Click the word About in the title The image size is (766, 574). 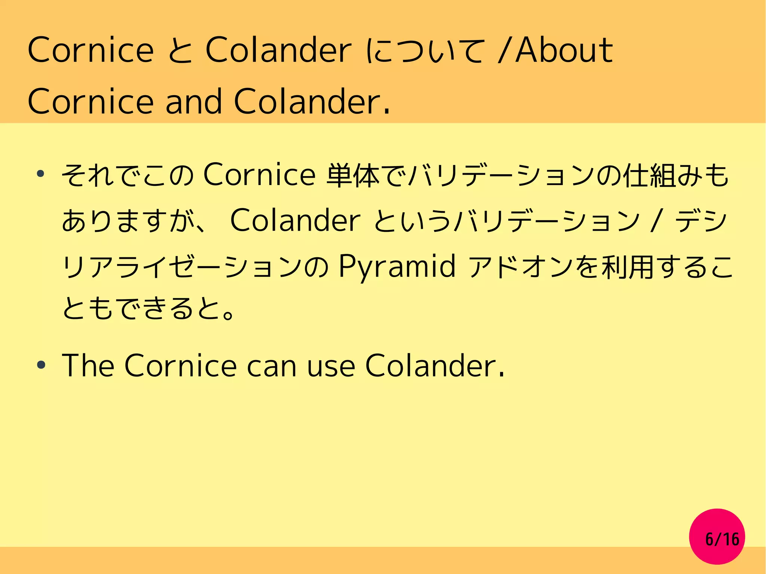click(x=564, y=50)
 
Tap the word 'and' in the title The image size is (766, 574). click(x=194, y=101)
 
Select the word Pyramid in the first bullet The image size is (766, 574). click(x=397, y=267)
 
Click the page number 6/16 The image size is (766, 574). click(x=722, y=539)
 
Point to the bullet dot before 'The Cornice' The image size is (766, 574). click(x=41, y=365)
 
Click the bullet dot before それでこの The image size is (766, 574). click(x=41, y=174)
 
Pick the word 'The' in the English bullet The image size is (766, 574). click(x=88, y=365)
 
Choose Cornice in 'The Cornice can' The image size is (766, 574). click(x=181, y=365)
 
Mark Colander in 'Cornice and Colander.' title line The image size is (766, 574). click(x=312, y=101)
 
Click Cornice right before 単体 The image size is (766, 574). click(x=259, y=175)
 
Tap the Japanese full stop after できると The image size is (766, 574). click(x=227, y=313)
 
